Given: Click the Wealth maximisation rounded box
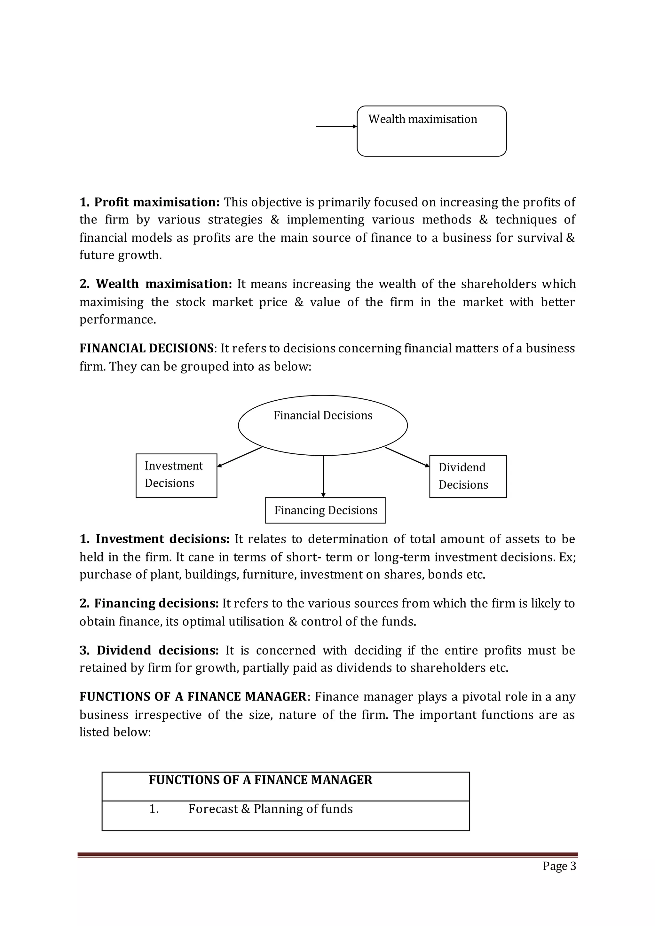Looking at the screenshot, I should pos(431,131).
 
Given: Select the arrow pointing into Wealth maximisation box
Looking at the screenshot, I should pos(336,126).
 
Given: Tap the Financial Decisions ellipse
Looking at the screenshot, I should pos(323,426).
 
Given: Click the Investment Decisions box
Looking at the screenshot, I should pos(176,475).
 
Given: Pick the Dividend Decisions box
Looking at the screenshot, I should pos(468,476).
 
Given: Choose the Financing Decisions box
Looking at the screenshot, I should pos(325,510).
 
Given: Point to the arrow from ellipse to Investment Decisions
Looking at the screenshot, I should pos(239,457).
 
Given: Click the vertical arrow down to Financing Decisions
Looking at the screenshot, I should pos(323,476).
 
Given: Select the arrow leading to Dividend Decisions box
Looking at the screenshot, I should pos(407,457).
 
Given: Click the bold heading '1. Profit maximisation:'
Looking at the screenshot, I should pos(149,202).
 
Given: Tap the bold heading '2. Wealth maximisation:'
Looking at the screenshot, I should pos(156,284).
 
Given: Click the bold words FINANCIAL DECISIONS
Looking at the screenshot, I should pos(146,349).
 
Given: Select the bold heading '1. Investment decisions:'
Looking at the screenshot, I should pos(155,539).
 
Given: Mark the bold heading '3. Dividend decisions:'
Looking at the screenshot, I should pos(149,651).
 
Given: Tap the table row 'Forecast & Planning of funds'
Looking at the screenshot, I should pos(270,809).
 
